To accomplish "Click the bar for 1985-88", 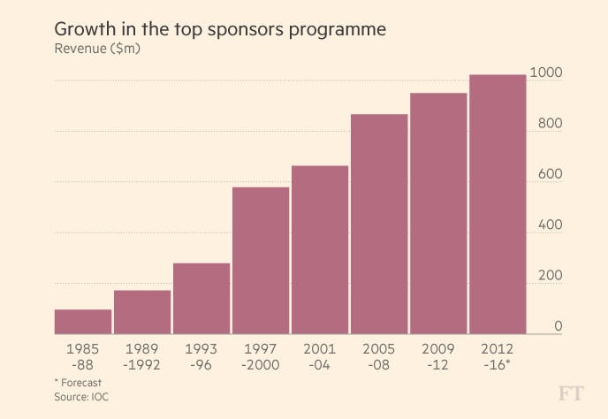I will pos(83,322).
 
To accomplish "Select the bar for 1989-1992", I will pos(142,312).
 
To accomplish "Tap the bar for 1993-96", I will pos(201,299).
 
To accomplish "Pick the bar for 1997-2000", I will pos(261,261).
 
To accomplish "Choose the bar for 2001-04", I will pos(320,250).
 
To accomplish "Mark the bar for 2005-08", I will pos(379,225).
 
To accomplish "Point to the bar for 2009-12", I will pos(438,214).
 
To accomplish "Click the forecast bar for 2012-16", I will pos(498,205).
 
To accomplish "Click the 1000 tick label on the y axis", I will pos(544,72).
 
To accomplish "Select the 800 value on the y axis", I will pos(548,124).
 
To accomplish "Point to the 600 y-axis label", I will pos(548,174).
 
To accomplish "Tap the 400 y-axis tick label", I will pos(548,225).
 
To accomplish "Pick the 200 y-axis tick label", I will pos(548,276).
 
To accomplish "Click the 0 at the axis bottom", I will pos(558,326).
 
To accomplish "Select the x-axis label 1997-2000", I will pos(261,356).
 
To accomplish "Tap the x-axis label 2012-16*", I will pos(498,356).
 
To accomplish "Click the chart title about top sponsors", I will pos(220,28).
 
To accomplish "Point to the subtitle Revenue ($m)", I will pos(97,49).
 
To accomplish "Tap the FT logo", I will pos(572,393).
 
